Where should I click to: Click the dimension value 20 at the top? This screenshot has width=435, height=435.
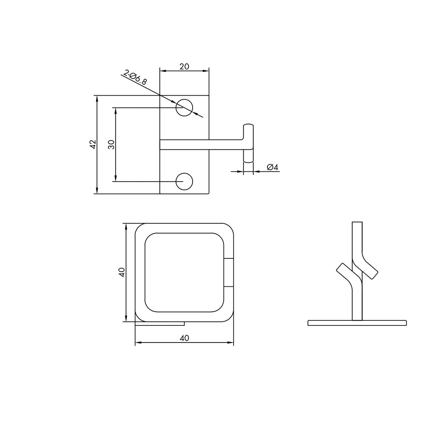[184, 66]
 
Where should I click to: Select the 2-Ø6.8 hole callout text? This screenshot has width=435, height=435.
[136, 77]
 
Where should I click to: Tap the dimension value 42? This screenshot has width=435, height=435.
[93, 144]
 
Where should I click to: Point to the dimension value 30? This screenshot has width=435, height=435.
[111, 144]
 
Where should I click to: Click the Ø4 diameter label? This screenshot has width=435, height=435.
[272, 167]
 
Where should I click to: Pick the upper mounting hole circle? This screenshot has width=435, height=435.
[184, 108]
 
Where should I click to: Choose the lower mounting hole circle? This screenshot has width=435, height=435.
[184, 181]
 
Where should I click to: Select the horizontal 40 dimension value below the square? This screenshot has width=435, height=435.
[184, 338]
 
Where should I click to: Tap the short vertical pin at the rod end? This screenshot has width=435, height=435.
[248, 143]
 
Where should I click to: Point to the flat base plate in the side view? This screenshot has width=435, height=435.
[357, 323]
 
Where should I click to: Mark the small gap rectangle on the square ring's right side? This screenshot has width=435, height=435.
[229, 272]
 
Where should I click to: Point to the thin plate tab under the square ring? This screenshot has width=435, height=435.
[161, 323]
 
